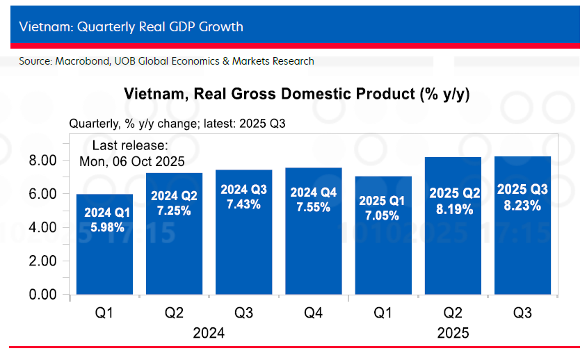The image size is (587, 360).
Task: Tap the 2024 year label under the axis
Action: (x=208, y=334)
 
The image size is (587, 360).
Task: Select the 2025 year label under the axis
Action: (x=452, y=334)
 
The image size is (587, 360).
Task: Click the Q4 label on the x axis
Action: (x=313, y=314)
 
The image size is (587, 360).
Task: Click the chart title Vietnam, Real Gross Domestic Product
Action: (x=296, y=95)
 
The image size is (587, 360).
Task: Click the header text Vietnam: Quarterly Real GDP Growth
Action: (x=131, y=27)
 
